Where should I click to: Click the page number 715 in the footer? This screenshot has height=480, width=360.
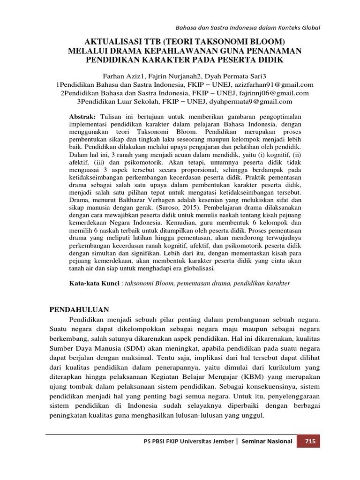309,441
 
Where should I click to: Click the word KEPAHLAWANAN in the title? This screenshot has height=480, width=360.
174,51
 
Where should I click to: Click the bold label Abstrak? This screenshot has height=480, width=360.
82,116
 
